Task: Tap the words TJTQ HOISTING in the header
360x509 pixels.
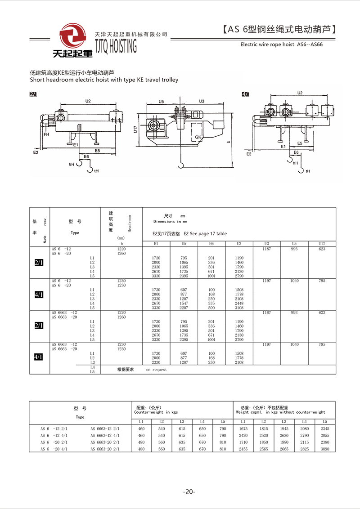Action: coord(116,46)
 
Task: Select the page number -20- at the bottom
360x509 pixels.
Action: coord(189,492)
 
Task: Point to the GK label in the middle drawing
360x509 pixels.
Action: coord(198,137)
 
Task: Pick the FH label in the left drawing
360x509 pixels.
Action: coord(46,134)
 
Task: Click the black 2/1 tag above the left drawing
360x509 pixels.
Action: coord(33,94)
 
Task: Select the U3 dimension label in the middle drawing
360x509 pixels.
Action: coord(201,101)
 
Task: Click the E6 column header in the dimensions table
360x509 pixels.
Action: coord(211,244)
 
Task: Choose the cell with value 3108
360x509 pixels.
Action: coord(239,308)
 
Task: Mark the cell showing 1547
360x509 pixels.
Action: coord(184,304)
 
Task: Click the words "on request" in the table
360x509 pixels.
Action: coord(156,370)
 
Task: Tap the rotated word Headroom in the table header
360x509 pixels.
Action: coord(130,223)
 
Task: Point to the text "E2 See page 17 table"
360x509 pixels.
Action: coord(205,234)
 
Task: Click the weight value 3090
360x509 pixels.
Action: coord(325,449)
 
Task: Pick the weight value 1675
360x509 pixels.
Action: coord(243,429)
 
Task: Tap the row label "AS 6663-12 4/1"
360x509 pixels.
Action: coord(105,435)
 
